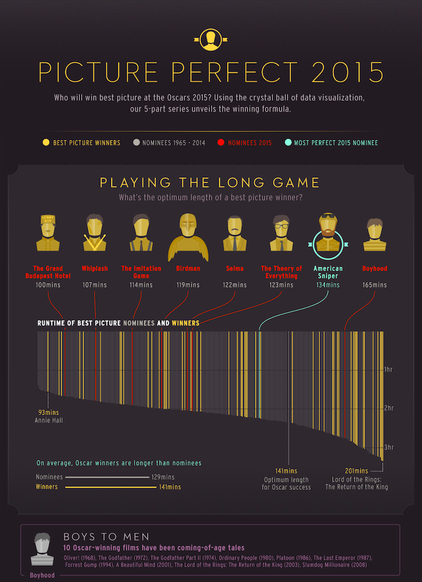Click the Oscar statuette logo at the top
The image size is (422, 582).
(210, 38)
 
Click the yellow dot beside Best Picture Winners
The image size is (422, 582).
(45, 142)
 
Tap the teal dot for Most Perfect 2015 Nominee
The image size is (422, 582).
(289, 142)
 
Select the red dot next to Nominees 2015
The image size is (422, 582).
(220, 142)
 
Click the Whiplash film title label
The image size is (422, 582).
(94, 269)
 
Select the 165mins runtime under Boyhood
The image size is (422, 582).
(374, 285)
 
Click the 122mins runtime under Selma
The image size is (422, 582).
(234, 285)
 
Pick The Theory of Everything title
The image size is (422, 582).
(281, 272)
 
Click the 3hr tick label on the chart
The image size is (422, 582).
(389, 447)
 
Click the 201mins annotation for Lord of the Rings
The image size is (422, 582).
(356, 471)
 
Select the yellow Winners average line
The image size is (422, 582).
(107, 487)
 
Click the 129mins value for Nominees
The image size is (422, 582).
(163, 477)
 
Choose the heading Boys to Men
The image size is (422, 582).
(106, 536)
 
